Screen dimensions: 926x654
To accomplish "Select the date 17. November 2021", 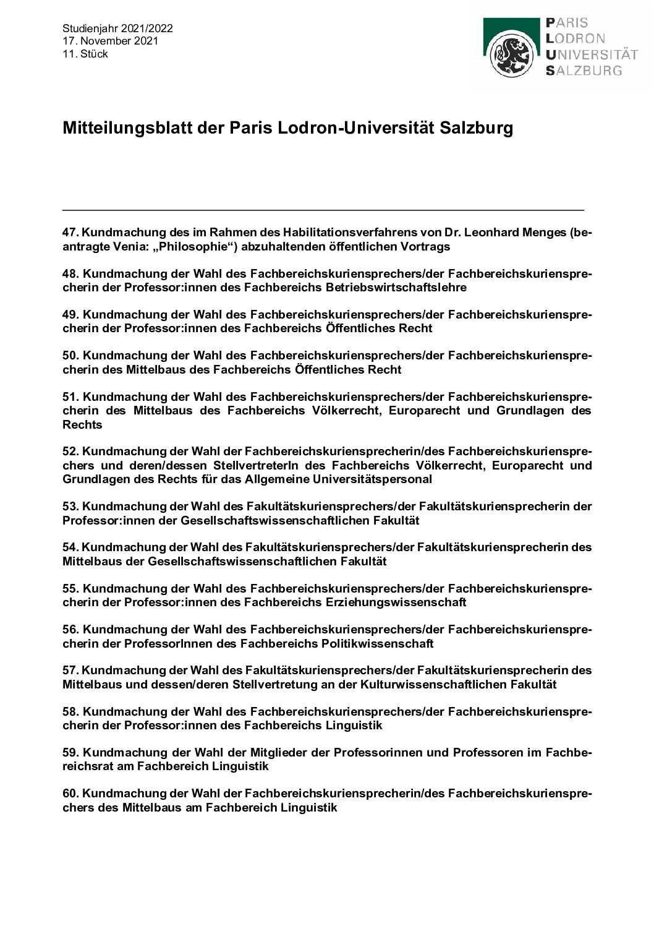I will [x=110, y=41].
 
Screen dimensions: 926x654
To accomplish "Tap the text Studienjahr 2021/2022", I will [x=117, y=28].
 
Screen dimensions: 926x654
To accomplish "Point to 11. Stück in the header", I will [x=85, y=54].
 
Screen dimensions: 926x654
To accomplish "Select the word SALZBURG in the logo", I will [x=584, y=71].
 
